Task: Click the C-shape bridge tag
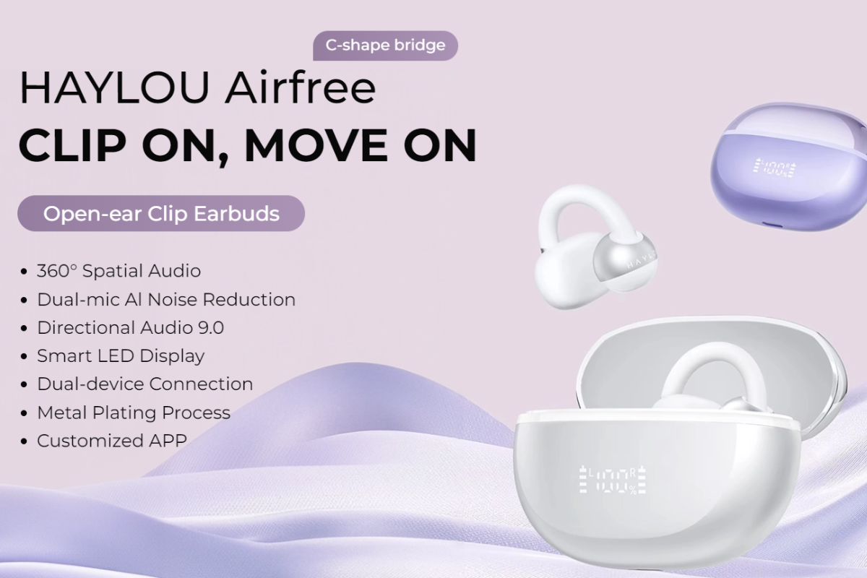[x=385, y=46]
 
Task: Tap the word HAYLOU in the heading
[x=114, y=87]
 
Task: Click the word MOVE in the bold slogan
[x=316, y=145]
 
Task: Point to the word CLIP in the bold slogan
[x=72, y=145]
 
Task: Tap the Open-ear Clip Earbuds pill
[x=161, y=213]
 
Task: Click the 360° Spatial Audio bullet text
[x=118, y=271]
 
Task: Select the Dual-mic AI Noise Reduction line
[x=166, y=299]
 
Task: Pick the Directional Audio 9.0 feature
[x=131, y=327]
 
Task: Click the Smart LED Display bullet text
[x=121, y=356]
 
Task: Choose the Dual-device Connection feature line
[x=145, y=384]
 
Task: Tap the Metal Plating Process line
[x=134, y=413]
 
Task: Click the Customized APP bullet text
[x=112, y=441]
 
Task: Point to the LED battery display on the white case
[x=613, y=480]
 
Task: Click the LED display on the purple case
[x=775, y=168]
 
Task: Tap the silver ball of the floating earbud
[x=624, y=262]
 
